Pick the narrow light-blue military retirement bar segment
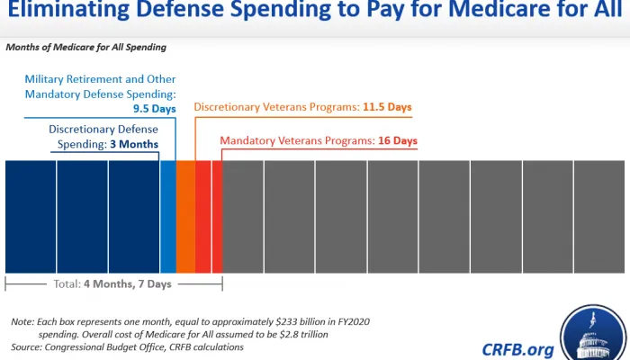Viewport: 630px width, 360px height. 167,216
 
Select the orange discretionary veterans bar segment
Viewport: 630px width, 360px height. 185,216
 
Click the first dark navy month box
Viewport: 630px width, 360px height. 31,216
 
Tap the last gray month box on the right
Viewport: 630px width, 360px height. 598,216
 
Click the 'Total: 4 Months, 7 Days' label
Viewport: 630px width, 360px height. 113,284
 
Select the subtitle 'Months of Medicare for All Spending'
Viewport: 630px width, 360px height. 85,47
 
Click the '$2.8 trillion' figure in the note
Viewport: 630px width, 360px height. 298,334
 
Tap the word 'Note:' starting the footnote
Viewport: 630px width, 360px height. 22,321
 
